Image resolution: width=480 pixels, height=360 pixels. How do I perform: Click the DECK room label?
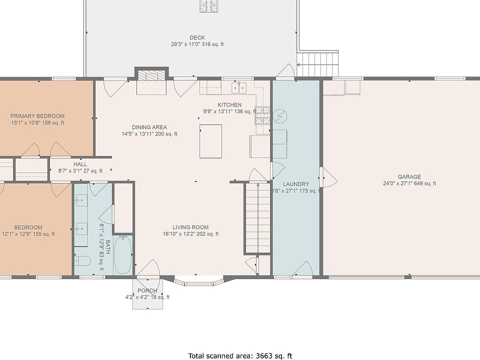(x=197, y=37)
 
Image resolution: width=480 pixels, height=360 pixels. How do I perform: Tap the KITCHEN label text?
(x=229, y=104)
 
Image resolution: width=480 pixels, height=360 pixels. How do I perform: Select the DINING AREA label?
(x=149, y=127)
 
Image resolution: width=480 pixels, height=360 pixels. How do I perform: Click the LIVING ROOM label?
(x=190, y=227)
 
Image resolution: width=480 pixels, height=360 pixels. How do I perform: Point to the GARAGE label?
(x=409, y=176)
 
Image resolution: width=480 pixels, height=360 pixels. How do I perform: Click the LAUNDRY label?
(x=295, y=184)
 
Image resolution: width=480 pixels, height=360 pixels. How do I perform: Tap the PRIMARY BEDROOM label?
(x=37, y=116)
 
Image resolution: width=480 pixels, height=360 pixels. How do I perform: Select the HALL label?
(x=80, y=164)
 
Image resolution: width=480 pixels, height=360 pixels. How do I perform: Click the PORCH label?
(x=147, y=290)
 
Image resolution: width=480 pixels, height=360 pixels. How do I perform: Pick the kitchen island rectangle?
(x=210, y=141)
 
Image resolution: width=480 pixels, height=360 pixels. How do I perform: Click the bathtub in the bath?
(x=123, y=255)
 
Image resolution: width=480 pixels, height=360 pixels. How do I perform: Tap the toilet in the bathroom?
(x=83, y=261)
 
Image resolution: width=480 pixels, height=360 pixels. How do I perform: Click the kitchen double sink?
(x=239, y=87)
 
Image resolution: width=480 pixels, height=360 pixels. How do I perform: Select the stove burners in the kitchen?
(x=262, y=115)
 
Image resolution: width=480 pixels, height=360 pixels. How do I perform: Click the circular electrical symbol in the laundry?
(x=280, y=116)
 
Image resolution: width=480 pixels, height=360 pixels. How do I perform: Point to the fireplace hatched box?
(x=151, y=75)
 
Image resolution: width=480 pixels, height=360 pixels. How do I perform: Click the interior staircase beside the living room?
(x=257, y=218)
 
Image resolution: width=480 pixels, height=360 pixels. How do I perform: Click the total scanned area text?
(x=240, y=355)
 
